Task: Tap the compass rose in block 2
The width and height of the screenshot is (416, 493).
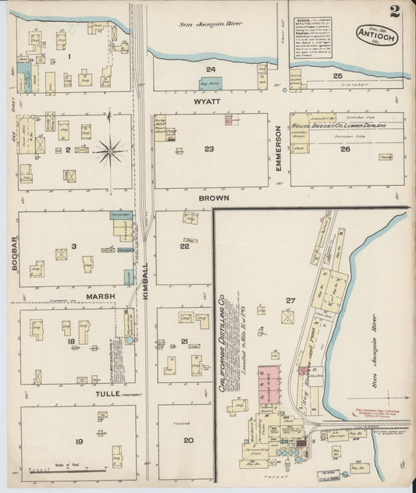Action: [x=111, y=150]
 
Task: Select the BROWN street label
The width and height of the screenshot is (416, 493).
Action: [x=212, y=199]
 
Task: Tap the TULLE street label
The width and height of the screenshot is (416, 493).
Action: [x=107, y=393]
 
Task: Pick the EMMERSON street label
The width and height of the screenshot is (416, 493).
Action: [x=278, y=151]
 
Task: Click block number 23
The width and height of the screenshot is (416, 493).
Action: [x=209, y=149]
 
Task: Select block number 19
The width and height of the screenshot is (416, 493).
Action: [x=79, y=442]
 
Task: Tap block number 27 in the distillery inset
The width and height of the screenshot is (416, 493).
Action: [x=291, y=300]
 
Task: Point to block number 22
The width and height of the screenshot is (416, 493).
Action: [x=184, y=246]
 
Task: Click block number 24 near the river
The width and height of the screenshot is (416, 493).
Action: [x=211, y=69]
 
